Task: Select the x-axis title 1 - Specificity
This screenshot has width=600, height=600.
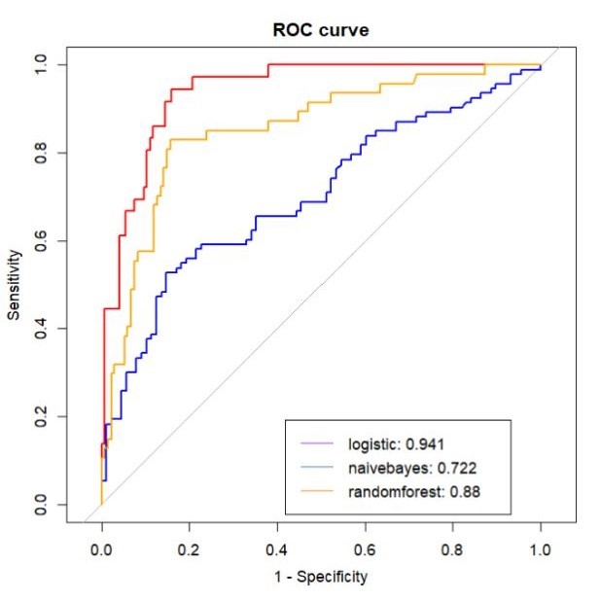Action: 321,578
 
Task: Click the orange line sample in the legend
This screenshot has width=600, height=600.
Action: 317,492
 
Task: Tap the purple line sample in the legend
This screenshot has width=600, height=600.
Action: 317,443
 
